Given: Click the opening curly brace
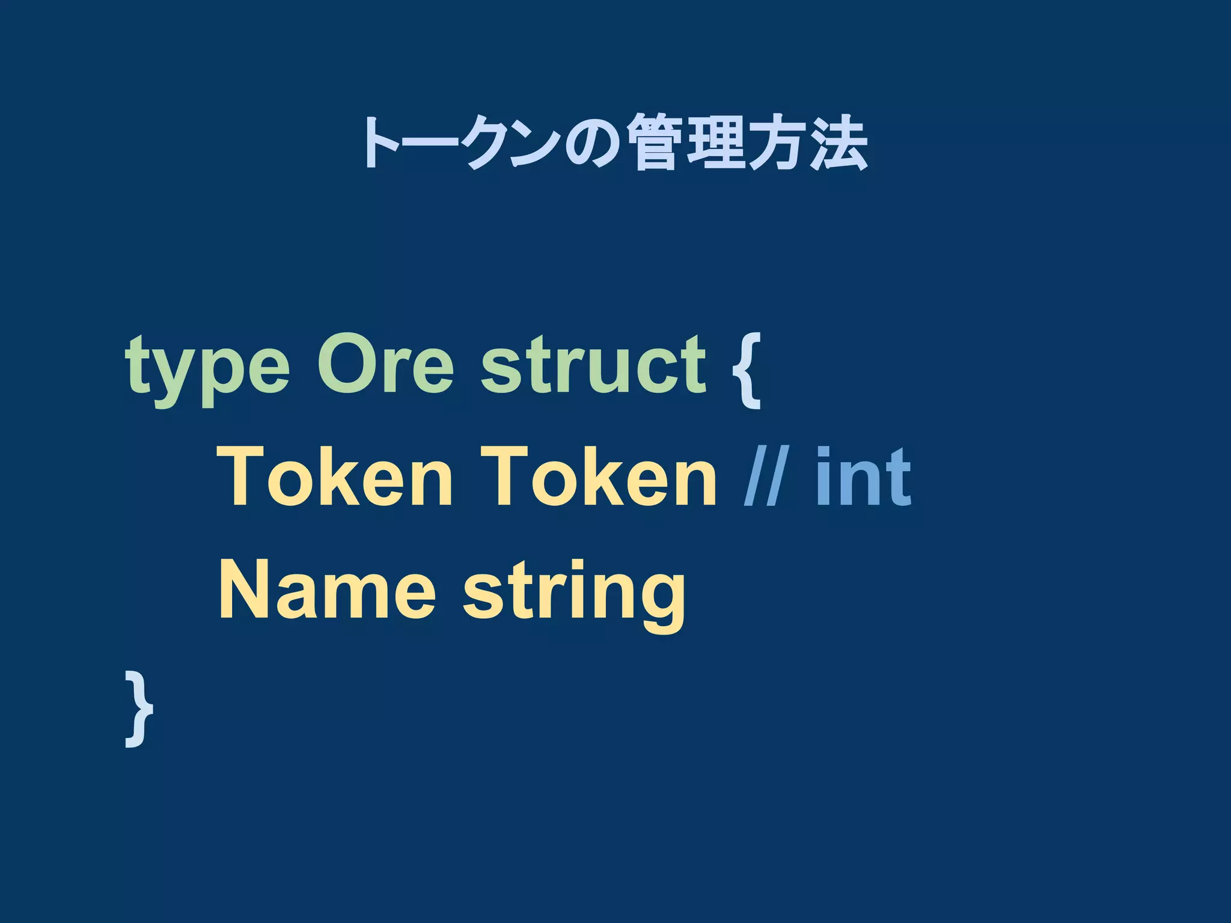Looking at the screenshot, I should coord(747,370).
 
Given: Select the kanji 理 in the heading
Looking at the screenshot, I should coord(716,143).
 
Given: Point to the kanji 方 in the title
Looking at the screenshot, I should coord(777,143).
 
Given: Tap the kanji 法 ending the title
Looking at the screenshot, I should coord(838,143).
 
